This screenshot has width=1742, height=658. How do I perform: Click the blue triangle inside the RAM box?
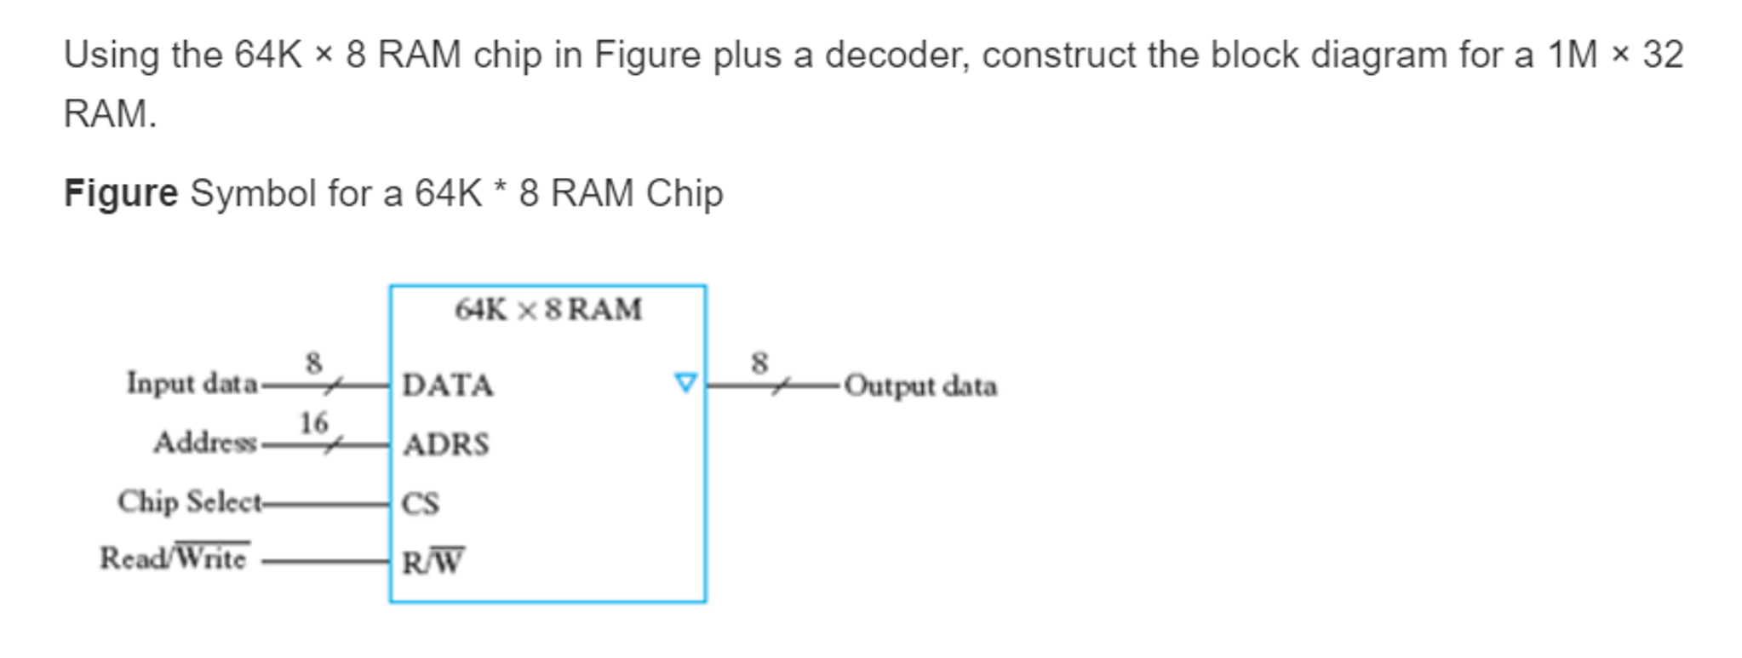click(685, 383)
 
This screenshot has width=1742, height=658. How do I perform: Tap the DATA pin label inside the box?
click(448, 386)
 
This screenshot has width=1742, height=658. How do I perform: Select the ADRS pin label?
click(446, 444)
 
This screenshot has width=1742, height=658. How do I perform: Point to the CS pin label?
click(421, 504)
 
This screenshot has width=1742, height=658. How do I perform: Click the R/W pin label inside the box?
click(433, 562)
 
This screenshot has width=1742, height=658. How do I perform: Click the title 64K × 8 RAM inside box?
click(548, 310)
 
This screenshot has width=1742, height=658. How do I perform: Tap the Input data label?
click(192, 384)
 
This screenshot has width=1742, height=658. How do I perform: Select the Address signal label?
click(205, 443)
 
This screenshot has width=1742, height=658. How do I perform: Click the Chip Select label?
click(190, 501)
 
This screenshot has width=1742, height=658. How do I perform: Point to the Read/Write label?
click(174, 558)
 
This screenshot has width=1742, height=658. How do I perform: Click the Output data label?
click(920, 386)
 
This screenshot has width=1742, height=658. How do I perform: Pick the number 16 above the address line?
click(313, 423)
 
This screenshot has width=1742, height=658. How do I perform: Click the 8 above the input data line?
click(313, 363)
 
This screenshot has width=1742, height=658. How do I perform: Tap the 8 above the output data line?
click(759, 363)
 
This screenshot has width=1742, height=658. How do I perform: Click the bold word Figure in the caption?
click(121, 193)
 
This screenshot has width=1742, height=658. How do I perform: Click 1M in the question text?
click(1573, 55)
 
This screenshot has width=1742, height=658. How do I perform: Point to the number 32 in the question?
click(1663, 55)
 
